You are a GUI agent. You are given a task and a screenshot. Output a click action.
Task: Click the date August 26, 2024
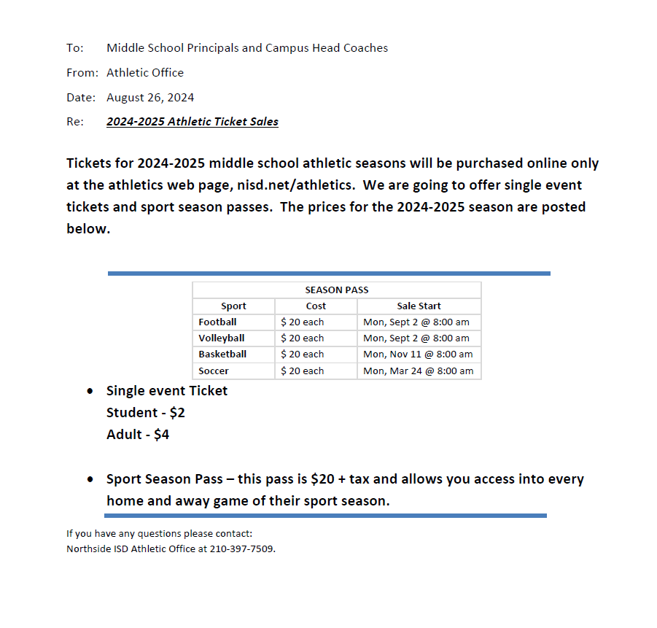(x=150, y=97)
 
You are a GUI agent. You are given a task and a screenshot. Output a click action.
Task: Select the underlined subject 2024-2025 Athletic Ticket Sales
(x=193, y=122)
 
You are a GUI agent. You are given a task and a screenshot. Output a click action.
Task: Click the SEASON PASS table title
(x=337, y=290)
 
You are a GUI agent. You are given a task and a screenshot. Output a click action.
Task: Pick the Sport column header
(x=233, y=306)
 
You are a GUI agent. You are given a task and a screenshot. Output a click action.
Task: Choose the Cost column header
(x=316, y=306)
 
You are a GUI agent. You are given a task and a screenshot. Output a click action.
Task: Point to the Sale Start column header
(x=419, y=306)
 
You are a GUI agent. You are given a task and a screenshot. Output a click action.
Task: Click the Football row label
(x=217, y=322)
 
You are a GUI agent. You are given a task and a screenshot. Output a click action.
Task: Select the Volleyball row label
(x=222, y=338)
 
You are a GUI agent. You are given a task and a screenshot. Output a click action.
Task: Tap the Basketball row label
(x=222, y=354)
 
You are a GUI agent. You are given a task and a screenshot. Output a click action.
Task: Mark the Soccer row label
(x=214, y=371)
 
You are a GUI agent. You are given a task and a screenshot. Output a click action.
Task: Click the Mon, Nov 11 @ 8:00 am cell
(x=418, y=354)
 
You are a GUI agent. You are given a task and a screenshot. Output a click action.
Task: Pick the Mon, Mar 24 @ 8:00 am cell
(x=418, y=371)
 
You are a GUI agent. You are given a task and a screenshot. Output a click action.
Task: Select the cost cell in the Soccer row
(x=303, y=371)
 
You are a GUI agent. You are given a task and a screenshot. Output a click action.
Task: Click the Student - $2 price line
(x=146, y=412)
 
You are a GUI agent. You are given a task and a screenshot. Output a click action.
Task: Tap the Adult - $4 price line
(x=138, y=434)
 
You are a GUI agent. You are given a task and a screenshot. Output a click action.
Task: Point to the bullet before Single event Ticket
(x=90, y=391)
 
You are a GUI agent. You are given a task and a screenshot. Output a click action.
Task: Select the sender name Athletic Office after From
(x=145, y=72)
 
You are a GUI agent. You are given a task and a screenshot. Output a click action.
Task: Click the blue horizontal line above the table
(x=329, y=274)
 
